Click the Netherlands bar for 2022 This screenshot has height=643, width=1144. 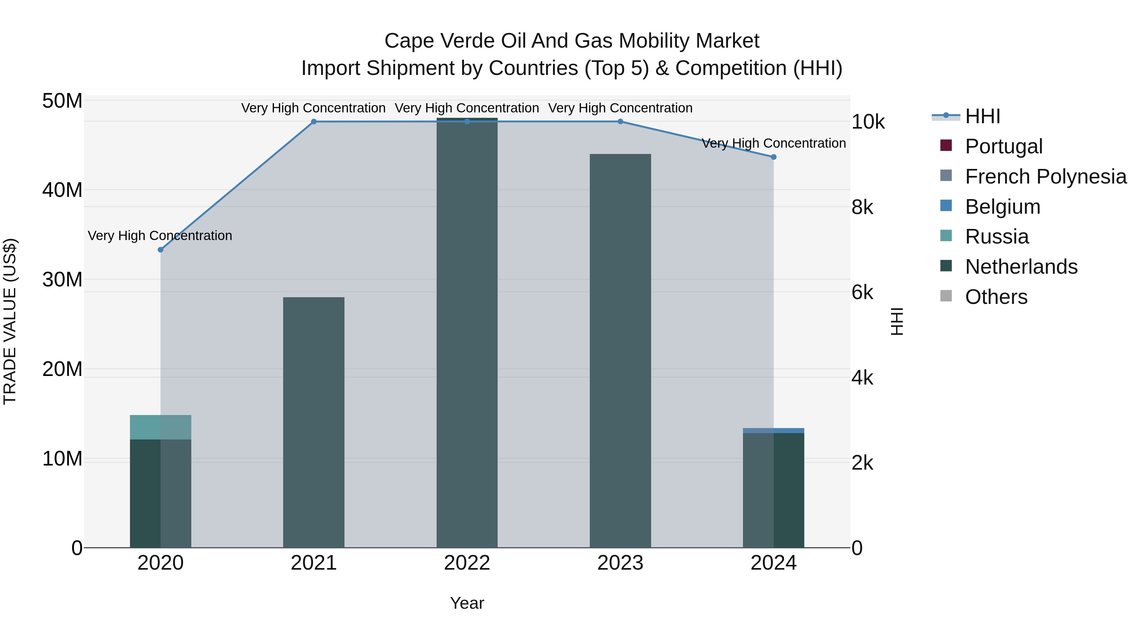(x=467, y=333)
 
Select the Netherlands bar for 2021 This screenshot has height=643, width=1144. (x=314, y=422)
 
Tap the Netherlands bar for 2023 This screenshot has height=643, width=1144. (x=620, y=351)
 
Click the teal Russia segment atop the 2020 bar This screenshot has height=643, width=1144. (x=160, y=427)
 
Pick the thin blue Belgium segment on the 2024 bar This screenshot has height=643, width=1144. (x=773, y=431)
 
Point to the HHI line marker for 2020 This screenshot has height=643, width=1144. (x=161, y=250)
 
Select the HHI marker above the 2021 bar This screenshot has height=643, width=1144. (x=314, y=122)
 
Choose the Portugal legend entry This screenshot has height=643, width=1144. (x=1003, y=146)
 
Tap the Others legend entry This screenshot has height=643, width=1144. (x=996, y=297)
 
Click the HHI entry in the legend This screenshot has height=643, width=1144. (x=982, y=116)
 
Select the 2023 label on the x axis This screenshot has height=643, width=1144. (x=620, y=563)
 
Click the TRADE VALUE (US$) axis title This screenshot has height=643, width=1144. (x=10, y=321)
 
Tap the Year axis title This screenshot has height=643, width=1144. (x=467, y=603)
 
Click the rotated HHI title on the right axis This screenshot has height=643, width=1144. (x=897, y=321)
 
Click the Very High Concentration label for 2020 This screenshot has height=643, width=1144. (x=160, y=236)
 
